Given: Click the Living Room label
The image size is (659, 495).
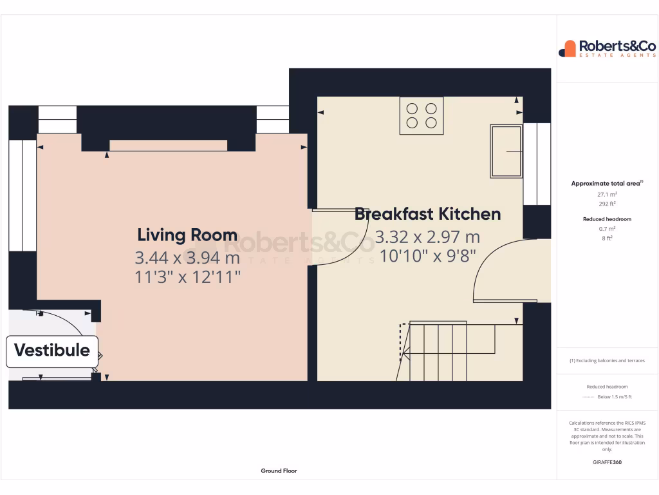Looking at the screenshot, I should pos(187,235).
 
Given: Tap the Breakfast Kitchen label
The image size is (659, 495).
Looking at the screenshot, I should pos(427,214).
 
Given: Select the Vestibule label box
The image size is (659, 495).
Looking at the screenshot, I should pos(52,351).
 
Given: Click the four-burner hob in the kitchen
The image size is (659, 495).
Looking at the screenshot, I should pos(422,115).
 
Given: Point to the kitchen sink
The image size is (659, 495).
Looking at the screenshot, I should pos(506,151).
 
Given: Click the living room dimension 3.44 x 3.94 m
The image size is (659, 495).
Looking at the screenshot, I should pos(187,258).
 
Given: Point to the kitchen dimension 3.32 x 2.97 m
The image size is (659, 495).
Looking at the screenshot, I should pos(427,237).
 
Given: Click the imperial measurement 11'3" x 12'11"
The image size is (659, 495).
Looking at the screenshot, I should pos(187,278).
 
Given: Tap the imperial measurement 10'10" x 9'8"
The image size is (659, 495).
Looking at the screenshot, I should pos(427,256).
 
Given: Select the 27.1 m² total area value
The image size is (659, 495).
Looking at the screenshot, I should pos(608,194).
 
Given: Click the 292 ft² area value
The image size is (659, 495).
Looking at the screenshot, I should pos(608,204).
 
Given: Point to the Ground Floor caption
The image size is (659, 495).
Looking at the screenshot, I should pos(279,471).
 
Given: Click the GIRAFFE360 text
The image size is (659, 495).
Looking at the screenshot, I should pos(608,462).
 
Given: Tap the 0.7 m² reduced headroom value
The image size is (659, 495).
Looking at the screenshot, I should pos(608,229).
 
